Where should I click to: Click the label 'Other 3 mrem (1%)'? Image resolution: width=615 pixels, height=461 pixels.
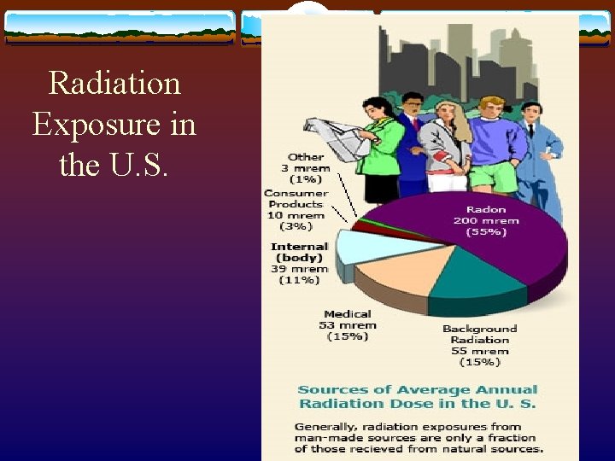pos(306,168)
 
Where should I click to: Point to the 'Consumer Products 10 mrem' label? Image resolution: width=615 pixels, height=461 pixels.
pos(296,209)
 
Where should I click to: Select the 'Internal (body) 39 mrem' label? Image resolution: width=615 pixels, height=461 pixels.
pos(299,263)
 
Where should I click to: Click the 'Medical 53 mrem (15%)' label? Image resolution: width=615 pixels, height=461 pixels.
pos(348,325)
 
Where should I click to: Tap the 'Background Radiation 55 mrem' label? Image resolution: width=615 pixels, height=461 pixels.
pos(479,345)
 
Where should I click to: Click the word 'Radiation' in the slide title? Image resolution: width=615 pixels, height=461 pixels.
pos(114,84)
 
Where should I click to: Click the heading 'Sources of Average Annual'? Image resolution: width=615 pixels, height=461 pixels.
pos(417,390)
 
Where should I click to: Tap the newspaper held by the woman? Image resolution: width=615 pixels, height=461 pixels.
pos(337,137)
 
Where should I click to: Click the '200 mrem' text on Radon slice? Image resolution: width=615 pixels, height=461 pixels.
pos(485,220)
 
